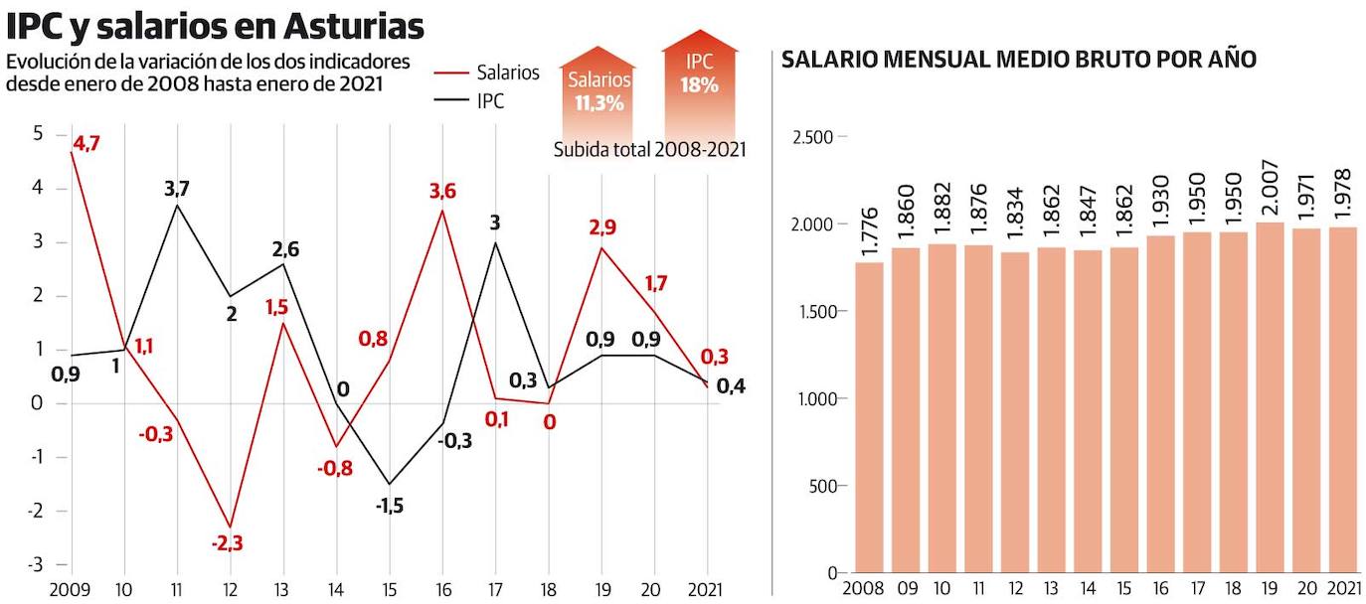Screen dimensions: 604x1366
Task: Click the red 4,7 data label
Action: pos(85,144)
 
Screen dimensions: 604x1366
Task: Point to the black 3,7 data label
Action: pos(176,189)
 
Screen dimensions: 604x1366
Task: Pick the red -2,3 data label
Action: pos(228,542)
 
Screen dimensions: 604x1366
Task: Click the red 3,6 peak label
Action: pos(441,192)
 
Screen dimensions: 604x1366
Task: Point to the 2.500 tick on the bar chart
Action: pos(812,136)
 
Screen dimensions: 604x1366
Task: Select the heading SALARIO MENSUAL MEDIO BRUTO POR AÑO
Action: pos(1019,60)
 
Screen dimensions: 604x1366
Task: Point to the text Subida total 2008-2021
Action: pos(650,149)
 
